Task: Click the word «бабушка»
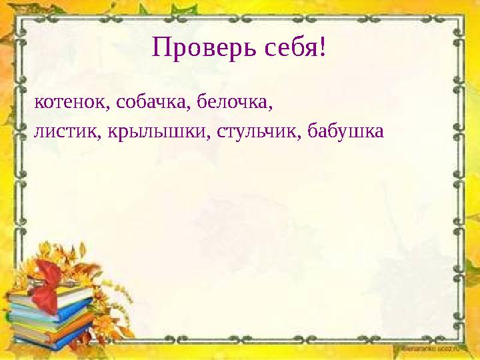pos(347,131)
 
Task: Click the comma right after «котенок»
pos(105,108)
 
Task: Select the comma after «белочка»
pos(272,108)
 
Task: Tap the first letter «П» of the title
pos(161,47)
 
